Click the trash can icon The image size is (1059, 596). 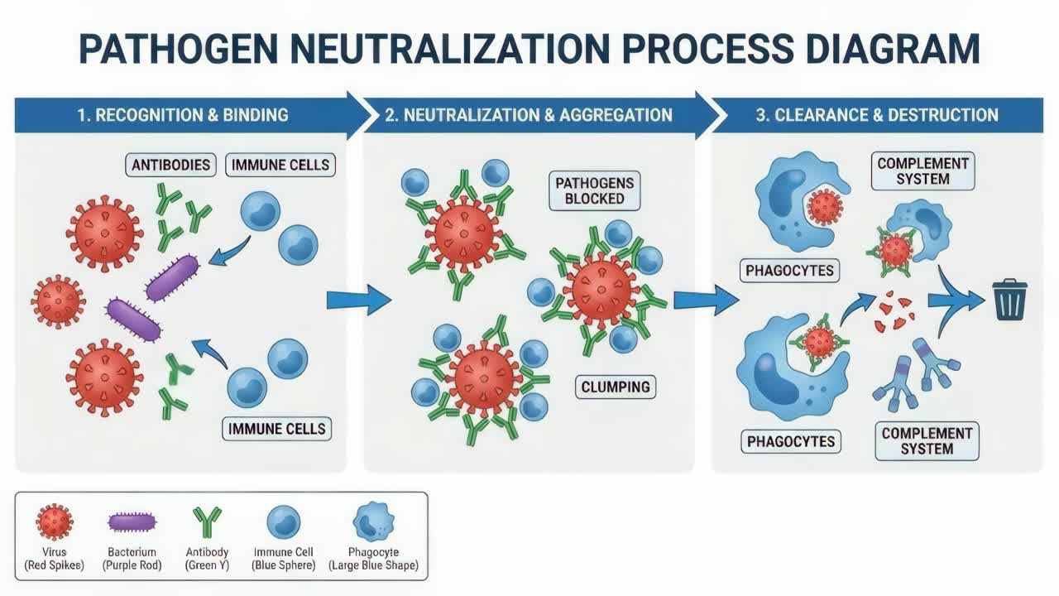pos(1009,300)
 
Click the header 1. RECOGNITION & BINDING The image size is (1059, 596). pos(183,115)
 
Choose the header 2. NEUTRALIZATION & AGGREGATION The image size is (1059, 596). pos(529,115)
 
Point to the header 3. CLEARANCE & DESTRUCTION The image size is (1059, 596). pos(876,115)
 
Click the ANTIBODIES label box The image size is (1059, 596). pos(171,165)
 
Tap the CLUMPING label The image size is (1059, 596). pos(615,387)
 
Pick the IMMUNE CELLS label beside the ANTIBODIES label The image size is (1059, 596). pos(280,165)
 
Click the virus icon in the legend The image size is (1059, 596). pos(55,522)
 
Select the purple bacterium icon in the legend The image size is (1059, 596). pos(132,522)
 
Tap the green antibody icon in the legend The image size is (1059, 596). pos(207,522)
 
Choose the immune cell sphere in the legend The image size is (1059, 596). pos(284,522)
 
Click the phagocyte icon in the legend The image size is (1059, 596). pos(373,522)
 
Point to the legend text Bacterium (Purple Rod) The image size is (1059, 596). pos(132,559)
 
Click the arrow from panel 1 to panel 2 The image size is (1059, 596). pos(357,300)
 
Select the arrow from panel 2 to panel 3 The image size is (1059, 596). pos(705,300)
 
